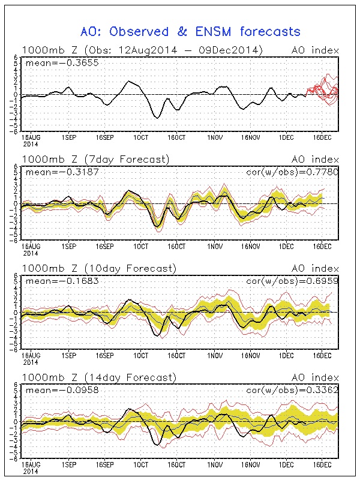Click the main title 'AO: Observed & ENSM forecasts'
click(190, 31)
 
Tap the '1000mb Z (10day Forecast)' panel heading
click(99, 268)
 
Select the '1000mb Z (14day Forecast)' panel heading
click(99, 377)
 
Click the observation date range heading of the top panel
click(143, 50)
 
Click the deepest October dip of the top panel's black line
click(157, 118)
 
